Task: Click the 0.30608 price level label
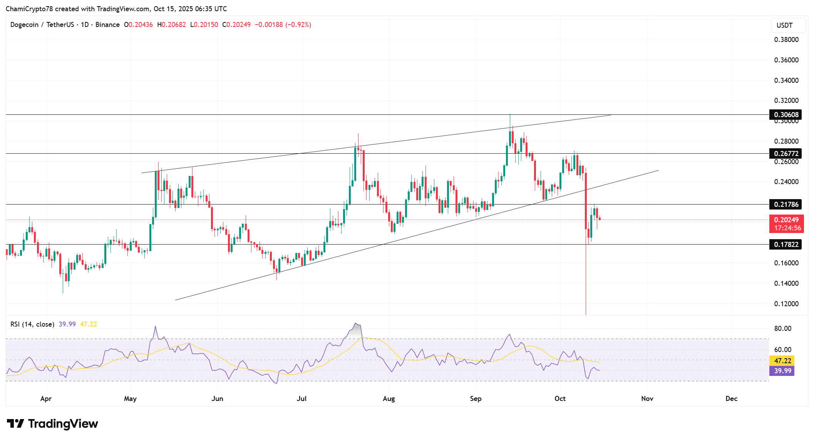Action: [786, 115]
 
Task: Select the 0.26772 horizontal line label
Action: [786, 154]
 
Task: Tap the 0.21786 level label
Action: [786, 205]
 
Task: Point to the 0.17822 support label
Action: [786, 245]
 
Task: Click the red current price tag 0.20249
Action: [786, 220]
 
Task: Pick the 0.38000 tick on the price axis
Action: [786, 40]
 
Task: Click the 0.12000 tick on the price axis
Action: [786, 304]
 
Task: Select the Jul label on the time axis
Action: [301, 399]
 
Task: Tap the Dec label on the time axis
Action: [731, 399]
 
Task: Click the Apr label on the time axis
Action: [46, 399]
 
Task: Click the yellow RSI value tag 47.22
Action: [782, 361]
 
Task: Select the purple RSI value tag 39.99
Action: [782, 371]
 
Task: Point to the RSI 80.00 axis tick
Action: [782, 329]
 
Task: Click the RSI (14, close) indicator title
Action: [32, 324]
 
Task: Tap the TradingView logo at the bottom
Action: [52, 424]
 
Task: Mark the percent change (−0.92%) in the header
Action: [298, 25]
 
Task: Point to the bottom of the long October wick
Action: [586, 314]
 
